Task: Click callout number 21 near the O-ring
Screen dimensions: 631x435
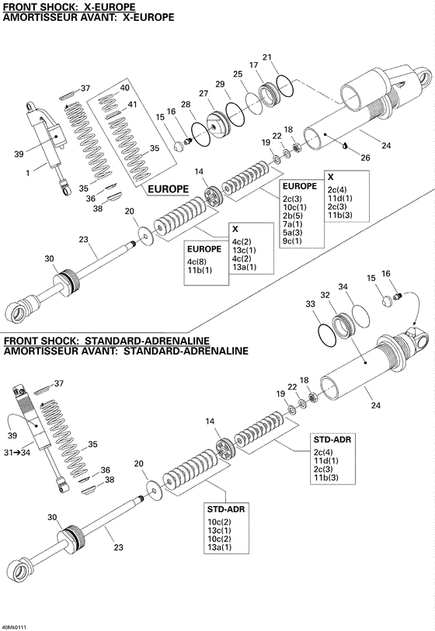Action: pyautogui.click(x=267, y=57)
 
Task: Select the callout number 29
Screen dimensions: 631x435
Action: pyautogui.click(x=220, y=84)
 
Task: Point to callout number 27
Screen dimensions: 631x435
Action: pyautogui.click(x=204, y=93)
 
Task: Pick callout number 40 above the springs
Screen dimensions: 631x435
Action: pyautogui.click(x=126, y=89)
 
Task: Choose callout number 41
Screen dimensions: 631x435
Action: pyautogui.click(x=132, y=105)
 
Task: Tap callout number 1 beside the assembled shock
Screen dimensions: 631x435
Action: pyautogui.click(x=28, y=173)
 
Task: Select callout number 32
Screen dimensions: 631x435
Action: pyautogui.click(x=325, y=295)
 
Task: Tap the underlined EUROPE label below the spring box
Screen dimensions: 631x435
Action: pyautogui.click(x=168, y=189)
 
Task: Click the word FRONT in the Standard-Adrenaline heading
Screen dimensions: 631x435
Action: pyautogui.click(x=21, y=341)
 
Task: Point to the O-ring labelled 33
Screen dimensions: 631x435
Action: pyautogui.click(x=329, y=335)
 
